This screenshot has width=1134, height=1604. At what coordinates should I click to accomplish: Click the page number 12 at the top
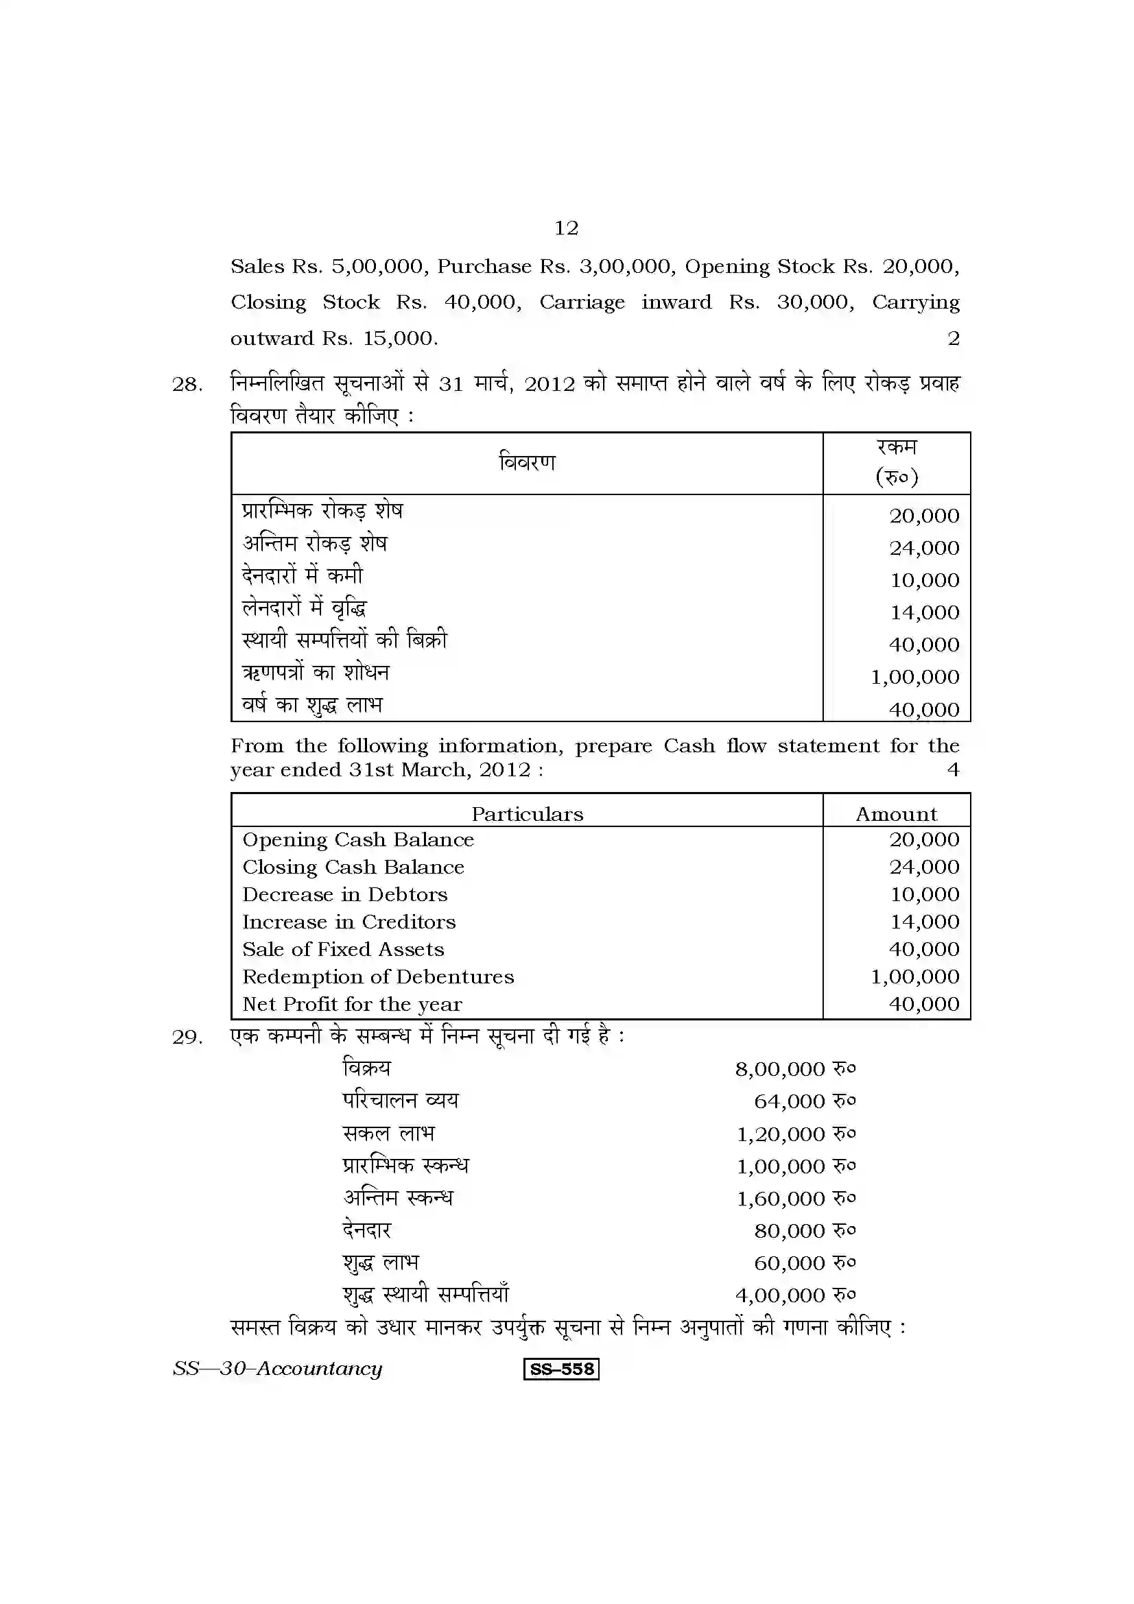[566, 228]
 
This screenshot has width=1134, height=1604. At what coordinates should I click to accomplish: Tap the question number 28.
[187, 384]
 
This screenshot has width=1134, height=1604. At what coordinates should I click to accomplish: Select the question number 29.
[187, 1038]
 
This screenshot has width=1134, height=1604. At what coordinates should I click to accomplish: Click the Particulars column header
[527, 814]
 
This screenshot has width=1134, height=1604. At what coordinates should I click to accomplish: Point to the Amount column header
[897, 814]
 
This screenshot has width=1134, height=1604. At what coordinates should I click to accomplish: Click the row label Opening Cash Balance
[357, 840]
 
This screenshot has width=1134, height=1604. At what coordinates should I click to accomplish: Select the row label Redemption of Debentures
[378, 977]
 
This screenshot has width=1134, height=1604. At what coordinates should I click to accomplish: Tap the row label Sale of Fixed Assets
[343, 949]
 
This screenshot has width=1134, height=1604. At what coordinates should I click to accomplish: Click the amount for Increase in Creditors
[924, 922]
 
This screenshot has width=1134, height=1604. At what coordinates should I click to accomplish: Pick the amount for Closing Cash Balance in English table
[924, 867]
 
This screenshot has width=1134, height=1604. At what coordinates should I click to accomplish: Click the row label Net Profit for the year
[352, 1005]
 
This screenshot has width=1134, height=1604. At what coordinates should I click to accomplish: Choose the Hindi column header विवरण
[527, 462]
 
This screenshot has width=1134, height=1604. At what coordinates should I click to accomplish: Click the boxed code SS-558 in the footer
[561, 1369]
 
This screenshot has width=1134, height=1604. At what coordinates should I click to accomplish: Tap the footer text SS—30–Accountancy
[277, 1369]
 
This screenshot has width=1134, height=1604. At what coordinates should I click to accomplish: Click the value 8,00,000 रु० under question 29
[795, 1070]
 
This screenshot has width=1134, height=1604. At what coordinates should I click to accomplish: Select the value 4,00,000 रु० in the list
[795, 1296]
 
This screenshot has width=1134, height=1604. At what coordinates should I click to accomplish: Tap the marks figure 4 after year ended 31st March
[953, 770]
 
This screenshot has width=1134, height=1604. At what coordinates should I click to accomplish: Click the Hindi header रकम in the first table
[897, 447]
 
